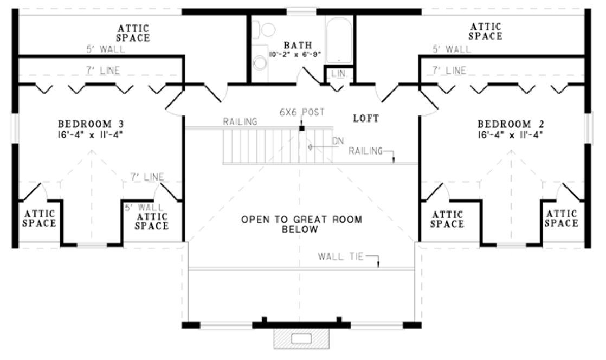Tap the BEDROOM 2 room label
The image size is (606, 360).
tap(510, 123)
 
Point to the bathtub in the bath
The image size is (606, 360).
tap(339, 39)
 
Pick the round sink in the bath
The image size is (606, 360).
tap(260, 64)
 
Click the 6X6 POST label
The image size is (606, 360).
tap(302, 112)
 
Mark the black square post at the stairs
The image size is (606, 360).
tap(301, 128)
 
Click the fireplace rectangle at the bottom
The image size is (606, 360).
tap(302, 339)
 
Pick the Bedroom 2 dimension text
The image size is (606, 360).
tap(510, 133)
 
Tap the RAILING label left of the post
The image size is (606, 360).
tap(240, 122)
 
